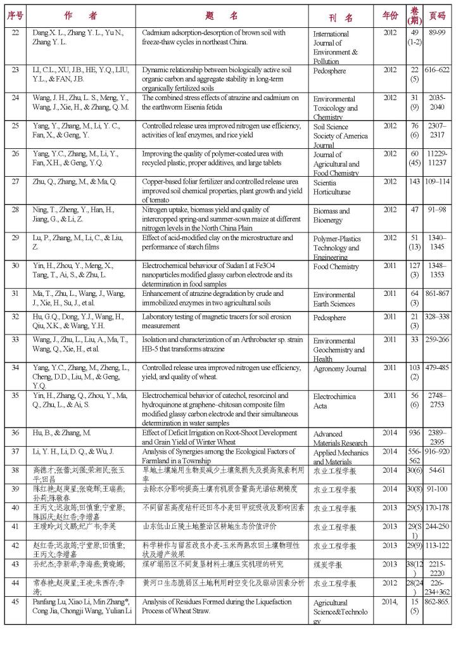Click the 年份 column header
tap(389, 15)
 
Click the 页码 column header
tap(437, 15)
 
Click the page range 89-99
tap(437, 33)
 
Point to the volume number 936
tap(415, 433)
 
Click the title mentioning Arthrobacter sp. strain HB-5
tap(217, 344)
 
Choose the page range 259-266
tap(437, 340)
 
